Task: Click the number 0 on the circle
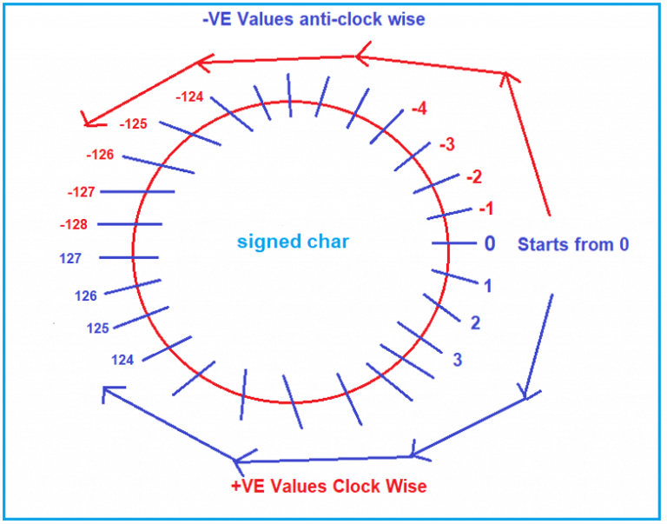489,244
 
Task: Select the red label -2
473,177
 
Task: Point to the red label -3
446,144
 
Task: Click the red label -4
418,109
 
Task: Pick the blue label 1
488,285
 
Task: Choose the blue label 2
475,323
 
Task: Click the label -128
74,225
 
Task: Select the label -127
81,192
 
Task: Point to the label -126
100,155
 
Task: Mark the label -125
133,124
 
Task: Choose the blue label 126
86,295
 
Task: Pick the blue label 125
98,328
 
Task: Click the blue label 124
122,359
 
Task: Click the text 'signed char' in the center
294,242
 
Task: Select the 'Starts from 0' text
573,245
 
